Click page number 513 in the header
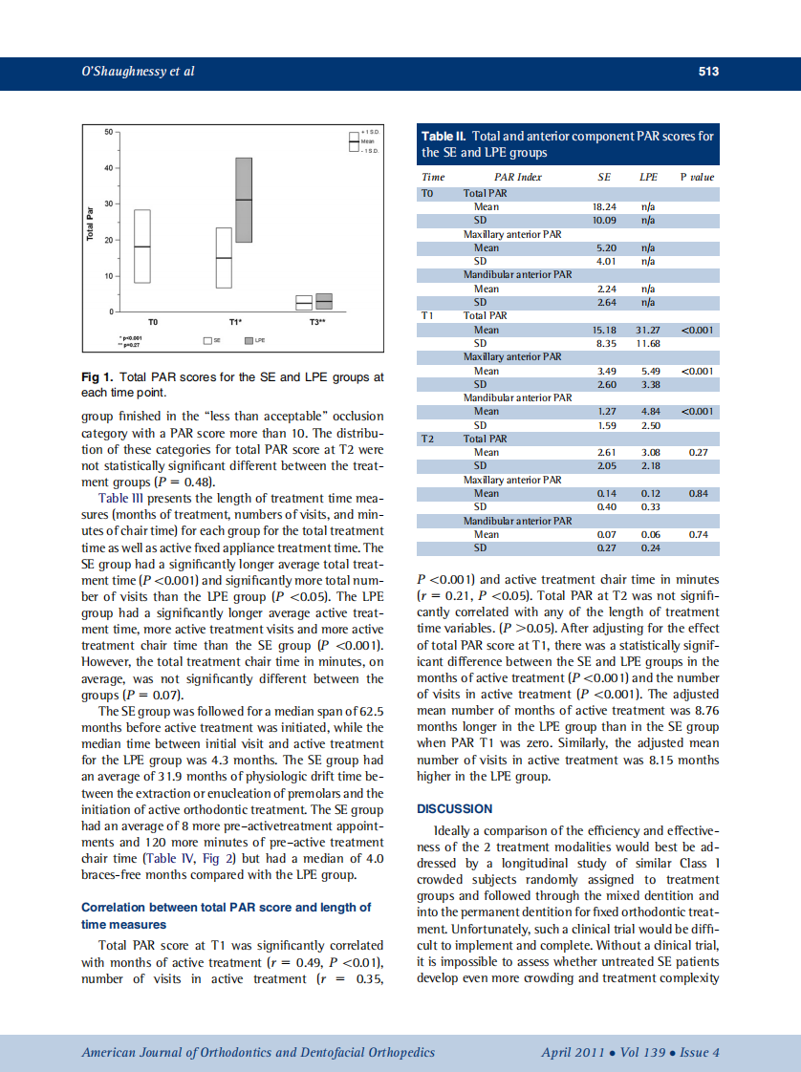[x=707, y=72]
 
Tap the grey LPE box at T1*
[x=244, y=200]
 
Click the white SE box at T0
[x=142, y=246]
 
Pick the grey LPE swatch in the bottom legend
[x=250, y=339]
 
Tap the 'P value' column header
[x=696, y=177]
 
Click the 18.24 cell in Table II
[x=604, y=206]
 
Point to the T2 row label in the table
[x=428, y=439]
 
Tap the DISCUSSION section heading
[x=456, y=808]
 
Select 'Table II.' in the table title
[x=444, y=137]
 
